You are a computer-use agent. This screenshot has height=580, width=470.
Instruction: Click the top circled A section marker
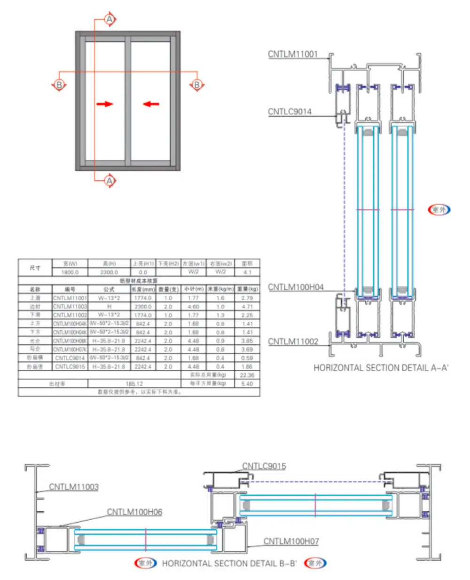(x=110, y=20)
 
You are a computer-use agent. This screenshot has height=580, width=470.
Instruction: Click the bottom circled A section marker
(x=110, y=181)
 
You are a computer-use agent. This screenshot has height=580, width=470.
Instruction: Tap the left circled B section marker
(x=59, y=85)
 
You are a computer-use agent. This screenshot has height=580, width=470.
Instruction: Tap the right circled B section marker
(x=197, y=85)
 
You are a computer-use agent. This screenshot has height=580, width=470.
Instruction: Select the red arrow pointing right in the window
(x=105, y=104)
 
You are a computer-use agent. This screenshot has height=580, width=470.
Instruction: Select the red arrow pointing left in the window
(x=151, y=104)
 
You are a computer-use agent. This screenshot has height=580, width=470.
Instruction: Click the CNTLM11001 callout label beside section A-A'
(x=293, y=54)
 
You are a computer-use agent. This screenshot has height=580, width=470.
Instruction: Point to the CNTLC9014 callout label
(x=290, y=111)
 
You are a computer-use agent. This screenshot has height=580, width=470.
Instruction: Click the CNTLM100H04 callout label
(x=296, y=287)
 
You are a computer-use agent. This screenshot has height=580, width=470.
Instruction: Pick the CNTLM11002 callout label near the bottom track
(x=293, y=342)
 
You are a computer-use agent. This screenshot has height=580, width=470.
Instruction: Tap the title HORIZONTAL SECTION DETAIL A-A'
(x=381, y=368)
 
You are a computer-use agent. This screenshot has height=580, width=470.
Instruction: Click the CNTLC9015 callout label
(x=264, y=466)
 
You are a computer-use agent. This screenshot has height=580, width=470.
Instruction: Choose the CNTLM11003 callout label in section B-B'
(x=74, y=487)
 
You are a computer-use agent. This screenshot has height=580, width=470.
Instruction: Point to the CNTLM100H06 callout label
(x=134, y=512)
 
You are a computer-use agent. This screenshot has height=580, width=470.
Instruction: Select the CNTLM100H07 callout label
(x=291, y=541)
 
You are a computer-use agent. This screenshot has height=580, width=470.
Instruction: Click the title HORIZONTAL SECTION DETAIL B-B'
(x=229, y=563)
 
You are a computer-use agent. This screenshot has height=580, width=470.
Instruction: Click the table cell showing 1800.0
(x=70, y=272)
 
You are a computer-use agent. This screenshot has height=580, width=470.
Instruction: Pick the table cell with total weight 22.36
(x=247, y=375)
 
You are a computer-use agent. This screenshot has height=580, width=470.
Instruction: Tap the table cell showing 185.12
(x=134, y=384)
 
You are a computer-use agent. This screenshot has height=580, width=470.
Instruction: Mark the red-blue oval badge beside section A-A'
(x=439, y=209)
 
